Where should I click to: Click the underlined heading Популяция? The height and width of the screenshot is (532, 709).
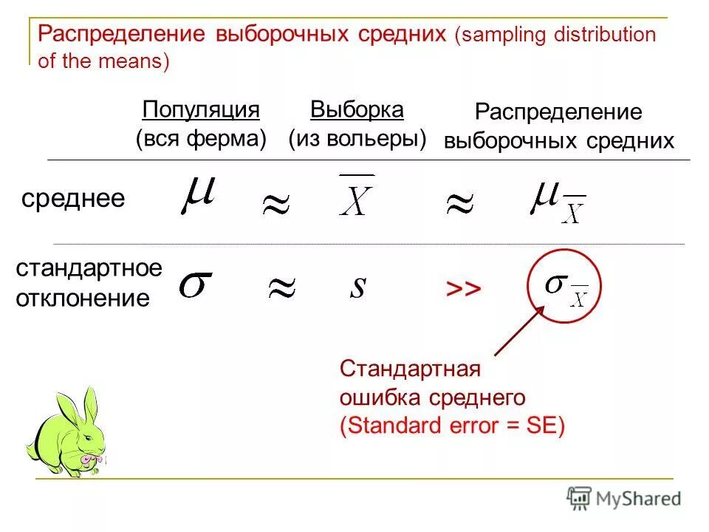pos(201,110)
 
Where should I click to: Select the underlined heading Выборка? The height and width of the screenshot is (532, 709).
pos(357,110)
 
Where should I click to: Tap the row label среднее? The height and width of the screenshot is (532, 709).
pos(73,198)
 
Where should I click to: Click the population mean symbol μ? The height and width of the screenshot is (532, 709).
pos(198,194)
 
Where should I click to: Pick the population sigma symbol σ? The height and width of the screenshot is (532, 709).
pos(196,284)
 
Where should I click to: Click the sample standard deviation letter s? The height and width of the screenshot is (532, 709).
pos(357,287)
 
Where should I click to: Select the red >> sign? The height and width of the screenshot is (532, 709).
pos(463,290)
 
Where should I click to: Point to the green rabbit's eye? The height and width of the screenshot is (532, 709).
pos(87,439)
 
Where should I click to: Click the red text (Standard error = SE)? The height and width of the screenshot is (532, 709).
pos(451,426)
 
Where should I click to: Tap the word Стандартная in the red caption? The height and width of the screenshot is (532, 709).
pos(410,368)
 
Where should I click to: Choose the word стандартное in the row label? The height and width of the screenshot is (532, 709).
pos(89,268)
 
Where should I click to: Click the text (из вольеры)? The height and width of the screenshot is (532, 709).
pos(357,138)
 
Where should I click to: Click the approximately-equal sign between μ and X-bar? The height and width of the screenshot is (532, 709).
pos(276,205)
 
